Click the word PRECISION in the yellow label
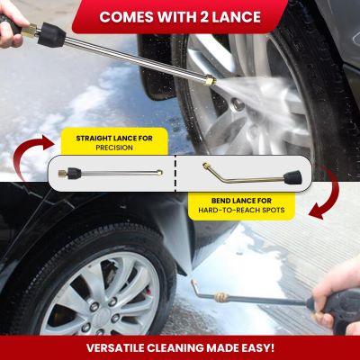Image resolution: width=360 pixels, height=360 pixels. coord(114,148)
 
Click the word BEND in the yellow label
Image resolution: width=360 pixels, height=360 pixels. coord(222,201)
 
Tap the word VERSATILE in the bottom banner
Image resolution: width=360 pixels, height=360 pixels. coord(115,348)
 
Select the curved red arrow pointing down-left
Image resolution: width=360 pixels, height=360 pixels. coord(331,192)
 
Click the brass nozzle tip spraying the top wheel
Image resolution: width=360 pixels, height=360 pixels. coord(211,81)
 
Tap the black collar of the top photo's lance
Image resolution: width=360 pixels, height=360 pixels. coord(51,35)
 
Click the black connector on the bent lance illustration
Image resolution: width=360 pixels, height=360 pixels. coord(292,177)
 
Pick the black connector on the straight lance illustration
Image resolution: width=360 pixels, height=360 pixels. coord(74,173)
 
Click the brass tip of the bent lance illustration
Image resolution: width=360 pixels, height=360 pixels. coord(205,166)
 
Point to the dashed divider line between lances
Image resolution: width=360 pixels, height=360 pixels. coord(175,174)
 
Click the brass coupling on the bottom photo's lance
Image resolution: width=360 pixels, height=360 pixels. coord(221,297)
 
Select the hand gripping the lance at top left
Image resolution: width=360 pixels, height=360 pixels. coord(11,25)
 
